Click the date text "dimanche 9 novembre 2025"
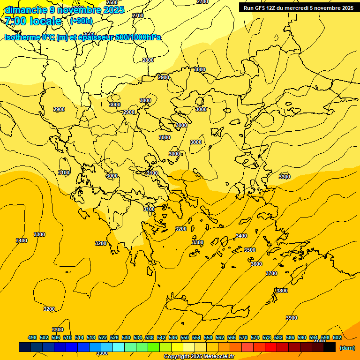(x=64, y=10)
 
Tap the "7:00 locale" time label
(x=33, y=21)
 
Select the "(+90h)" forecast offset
(x=81, y=21)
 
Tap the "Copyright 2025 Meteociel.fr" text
(x=199, y=356)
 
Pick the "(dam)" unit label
(x=347, y=348)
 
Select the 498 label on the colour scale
(x=32, y=337)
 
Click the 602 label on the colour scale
(x=337, y=337)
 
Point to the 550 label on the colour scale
(x=185, y=337)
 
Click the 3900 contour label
(x=291, y=318)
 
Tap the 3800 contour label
(x=282, y=291)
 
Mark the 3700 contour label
(x=271, y=273)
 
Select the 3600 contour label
(x=256, y=264)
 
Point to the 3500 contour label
(x=250, y=250)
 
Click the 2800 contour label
(x=148, y=60)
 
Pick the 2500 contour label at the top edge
(x=112, y=2)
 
